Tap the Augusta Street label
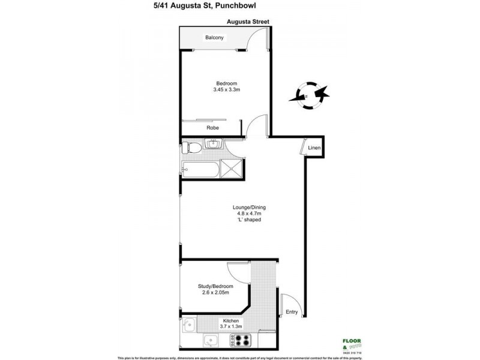click(247, 22)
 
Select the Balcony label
click(214, 37)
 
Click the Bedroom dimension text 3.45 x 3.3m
click(227, 90)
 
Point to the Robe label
click(212, 128)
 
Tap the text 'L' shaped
click(248, 220)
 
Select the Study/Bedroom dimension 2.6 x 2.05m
click(215, 293)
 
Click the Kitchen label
click(231, 322)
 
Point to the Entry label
click(292, 311)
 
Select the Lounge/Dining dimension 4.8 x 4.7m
click(248, 214)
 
